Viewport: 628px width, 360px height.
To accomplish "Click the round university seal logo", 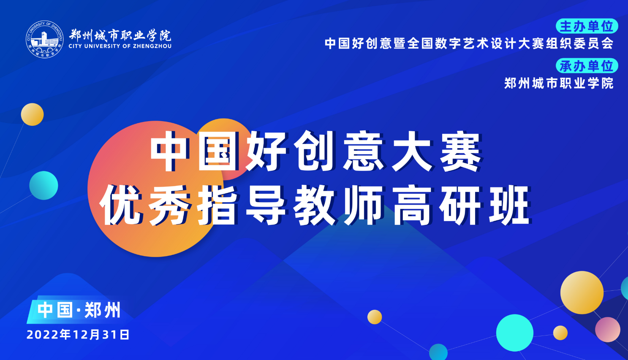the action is click(x=45, y=40).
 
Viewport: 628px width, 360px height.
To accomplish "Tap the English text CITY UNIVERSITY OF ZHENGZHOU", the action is click(x=120, y=46).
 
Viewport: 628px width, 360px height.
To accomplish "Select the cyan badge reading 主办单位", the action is click(x=587, y=26).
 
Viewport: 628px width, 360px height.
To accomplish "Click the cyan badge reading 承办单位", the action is click(x=587, y=66).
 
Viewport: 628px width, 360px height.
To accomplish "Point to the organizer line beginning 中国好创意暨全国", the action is click(x=469, y=43).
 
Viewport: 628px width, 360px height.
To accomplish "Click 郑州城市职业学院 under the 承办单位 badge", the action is click(x=559, y=83).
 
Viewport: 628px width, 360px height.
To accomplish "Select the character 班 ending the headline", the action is click(x=509, y=206).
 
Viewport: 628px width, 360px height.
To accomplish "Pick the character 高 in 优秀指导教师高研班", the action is click(x=412, y=206).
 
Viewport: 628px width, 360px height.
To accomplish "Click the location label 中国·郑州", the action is click(x=79, y=310).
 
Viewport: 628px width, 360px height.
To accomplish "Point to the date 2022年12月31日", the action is click(x=78, y=335).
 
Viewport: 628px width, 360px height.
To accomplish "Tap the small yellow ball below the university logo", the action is click(x=32, y=114).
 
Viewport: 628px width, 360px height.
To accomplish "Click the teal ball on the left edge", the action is click(x=44, y=185).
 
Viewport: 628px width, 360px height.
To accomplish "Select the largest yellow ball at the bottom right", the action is click(x=582, y=292).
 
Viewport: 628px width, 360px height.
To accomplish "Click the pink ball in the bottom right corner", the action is click(x=608, y=330).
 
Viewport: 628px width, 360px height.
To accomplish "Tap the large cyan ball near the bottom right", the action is click(x=515, y=333).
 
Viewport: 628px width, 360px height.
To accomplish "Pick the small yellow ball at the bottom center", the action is click(x=375, y=317).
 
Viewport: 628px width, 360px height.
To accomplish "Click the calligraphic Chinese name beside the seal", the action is click(x=120, y=35).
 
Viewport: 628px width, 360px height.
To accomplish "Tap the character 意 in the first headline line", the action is click(x=364, y=152).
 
